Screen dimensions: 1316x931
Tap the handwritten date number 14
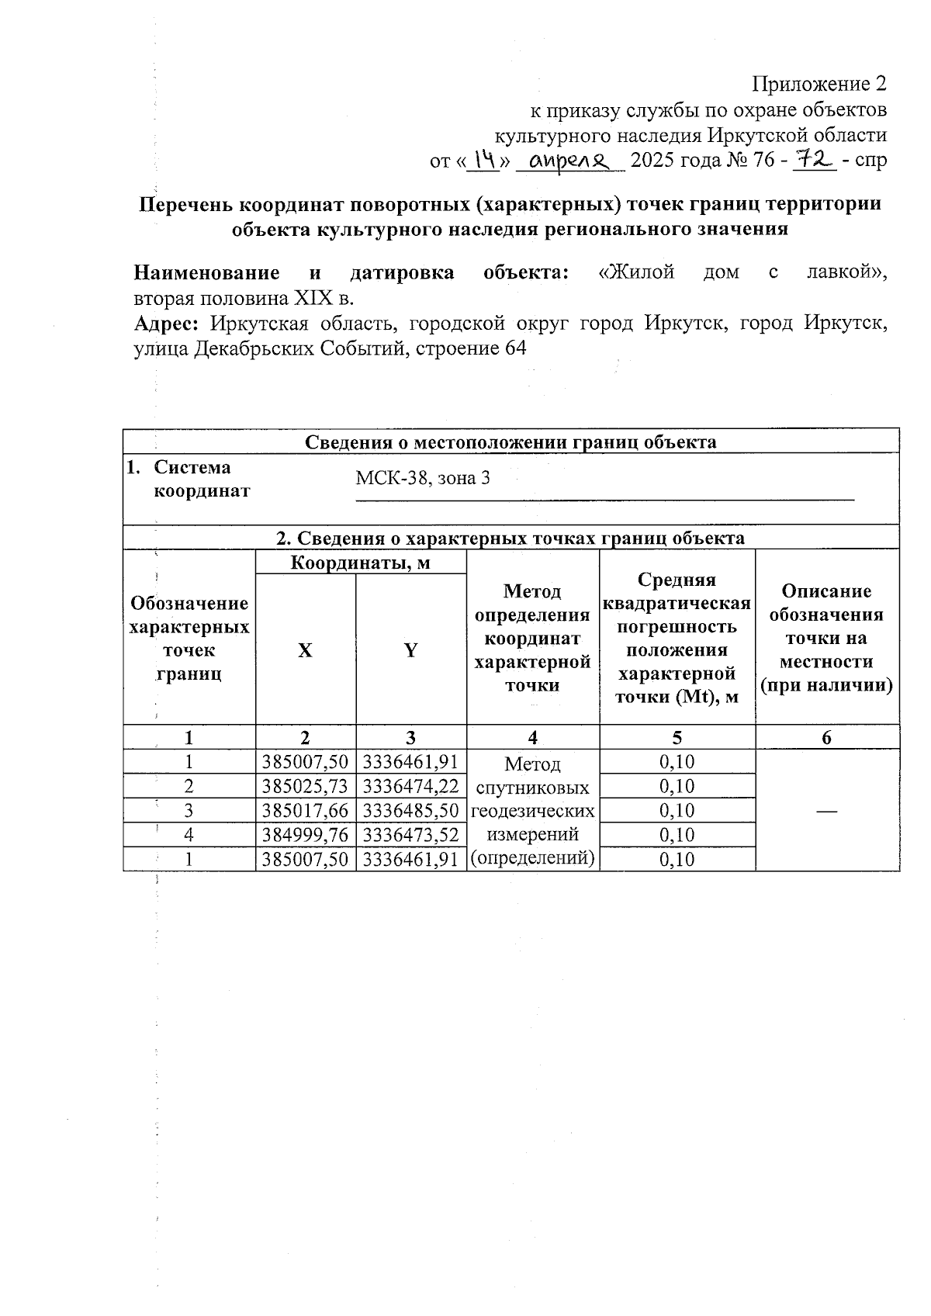pos(486,160)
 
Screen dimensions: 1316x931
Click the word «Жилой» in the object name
pos(637,272)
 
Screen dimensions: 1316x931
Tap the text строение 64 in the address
pos(471,348)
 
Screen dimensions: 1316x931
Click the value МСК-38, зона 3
pos(423,478)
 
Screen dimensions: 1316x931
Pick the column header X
pos(306,650)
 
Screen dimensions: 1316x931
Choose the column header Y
pos(410,650)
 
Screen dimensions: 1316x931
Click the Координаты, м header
pos(360,562)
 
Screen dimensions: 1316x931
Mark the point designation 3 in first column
pos(189,810)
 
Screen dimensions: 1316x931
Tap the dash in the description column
pos(826,810)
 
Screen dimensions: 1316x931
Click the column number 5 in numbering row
pos(677,737)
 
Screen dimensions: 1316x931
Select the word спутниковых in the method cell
pos(532,788)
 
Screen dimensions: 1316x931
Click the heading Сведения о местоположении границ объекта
pos(510,442)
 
